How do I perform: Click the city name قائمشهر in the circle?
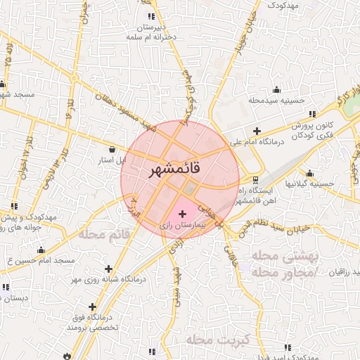tap(175, 170)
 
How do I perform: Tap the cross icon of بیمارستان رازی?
tap(183, 213)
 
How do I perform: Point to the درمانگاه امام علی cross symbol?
tap(257, 131)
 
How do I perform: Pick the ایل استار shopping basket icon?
tap(113, 149)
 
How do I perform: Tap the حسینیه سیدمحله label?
tap(276, 101)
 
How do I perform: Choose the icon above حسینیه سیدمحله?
tap(276, 89)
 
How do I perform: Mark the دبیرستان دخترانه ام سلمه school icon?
tap(150, 17)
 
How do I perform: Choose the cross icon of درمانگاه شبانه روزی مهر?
tap(108, 268)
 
